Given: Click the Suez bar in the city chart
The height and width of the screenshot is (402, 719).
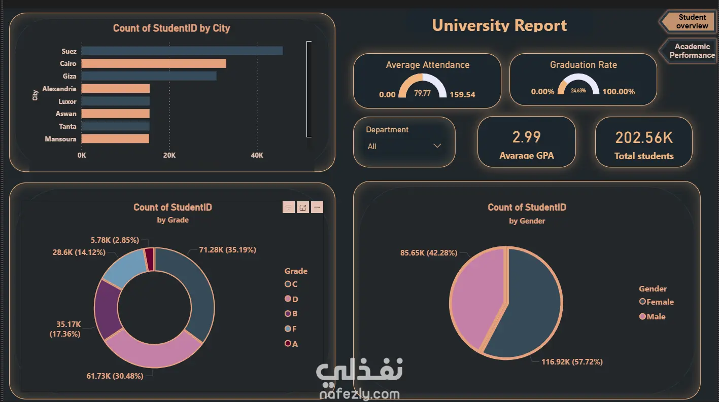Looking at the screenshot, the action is [x=182, y=51].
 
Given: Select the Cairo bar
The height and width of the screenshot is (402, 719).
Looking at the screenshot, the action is [x=154, y=63].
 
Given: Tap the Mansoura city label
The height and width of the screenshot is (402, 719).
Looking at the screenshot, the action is [x=61, y=139].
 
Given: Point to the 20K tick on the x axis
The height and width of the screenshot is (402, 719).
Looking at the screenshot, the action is [x=169, y=155].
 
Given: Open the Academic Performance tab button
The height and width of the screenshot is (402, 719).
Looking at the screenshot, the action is [x=690, y=51].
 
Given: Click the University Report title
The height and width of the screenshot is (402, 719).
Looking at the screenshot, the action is [x=499, y=25].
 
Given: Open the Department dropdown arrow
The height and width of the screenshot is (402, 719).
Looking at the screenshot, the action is [x=437, y=146].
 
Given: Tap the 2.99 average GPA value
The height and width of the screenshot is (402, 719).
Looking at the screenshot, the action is [x=526, y=137].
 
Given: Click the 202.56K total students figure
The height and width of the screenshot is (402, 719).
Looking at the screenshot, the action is [x=644, y=137].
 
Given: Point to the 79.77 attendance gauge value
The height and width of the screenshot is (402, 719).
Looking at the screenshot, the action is [x=422, y=93].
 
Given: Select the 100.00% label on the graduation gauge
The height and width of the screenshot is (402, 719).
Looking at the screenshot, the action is [x=619, y=92].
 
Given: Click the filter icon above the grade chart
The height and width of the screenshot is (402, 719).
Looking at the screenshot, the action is [x=289, y=207].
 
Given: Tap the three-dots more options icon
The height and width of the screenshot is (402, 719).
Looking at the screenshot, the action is [x=317, y=207].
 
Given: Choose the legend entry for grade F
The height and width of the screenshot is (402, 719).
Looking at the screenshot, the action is [x=291, y=328].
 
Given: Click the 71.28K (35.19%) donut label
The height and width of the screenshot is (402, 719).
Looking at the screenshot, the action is [x=228, y=250].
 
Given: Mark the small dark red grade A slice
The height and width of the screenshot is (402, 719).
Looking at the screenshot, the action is [x=150, y=259].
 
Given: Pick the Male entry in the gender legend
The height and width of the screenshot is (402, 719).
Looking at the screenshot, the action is [x=652, y=316].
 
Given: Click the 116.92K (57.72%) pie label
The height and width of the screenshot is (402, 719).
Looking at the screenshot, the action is [x=572, y=361].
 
